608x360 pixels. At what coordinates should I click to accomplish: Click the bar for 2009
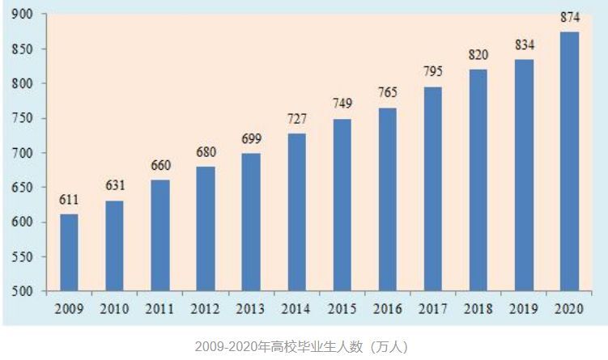click(x=69, y=252)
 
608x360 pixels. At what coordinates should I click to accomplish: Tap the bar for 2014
click(x=296, y=212)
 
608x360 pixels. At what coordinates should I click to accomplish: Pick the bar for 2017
click(x=433, y=188)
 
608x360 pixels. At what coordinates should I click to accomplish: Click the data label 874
click(x=569, y=18)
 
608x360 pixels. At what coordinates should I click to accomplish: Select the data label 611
click(x=69, y=200)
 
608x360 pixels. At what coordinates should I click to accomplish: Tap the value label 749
click(x=342, y=104)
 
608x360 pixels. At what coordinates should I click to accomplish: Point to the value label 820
click(x=478, y=55)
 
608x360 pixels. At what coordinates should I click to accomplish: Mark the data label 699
click(x=251, y=139)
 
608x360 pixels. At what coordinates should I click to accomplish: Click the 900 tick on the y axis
click(x=23, y=14)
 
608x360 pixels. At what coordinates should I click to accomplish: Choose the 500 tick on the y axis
click(x=23, y=291)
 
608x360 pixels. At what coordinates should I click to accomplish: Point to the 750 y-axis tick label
click(x=23, y=118)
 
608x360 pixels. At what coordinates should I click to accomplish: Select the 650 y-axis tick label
click(x=23, y=188)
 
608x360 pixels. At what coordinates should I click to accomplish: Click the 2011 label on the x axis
click(x=159, y=308)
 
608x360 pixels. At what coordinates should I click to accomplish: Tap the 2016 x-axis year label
click(x=387, y=308)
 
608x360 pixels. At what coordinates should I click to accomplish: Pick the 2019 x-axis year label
click(x=524, y=308)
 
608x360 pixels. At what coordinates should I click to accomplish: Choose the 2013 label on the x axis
click(x=251, y=308)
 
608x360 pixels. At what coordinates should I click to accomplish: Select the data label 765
click(x=387, y=92)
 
